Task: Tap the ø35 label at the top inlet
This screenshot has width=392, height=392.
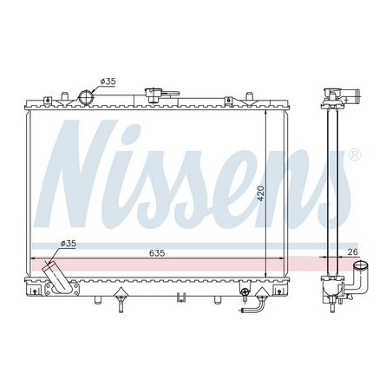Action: click(108, 82)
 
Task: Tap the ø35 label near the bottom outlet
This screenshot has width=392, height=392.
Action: click(69, 244)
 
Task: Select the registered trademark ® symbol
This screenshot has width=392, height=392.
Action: click(354, 155)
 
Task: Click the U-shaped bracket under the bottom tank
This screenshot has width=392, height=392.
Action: click(180, 298)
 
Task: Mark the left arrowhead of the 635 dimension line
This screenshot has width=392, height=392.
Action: click(33, 258)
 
